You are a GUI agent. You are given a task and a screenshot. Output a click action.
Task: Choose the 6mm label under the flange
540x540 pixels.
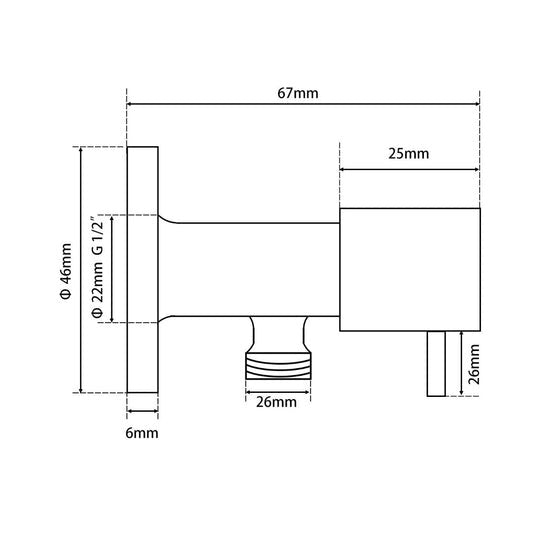click(x=143, y=433)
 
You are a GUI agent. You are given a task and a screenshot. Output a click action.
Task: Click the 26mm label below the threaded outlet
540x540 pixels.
click(x=276, y=403)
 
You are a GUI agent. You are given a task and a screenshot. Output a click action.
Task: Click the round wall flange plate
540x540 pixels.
click(x=143, y=270)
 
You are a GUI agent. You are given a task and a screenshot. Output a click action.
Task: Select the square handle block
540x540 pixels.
click(x=410, y=270)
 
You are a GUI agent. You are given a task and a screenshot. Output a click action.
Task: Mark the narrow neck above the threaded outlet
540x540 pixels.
click(x=277, y=330)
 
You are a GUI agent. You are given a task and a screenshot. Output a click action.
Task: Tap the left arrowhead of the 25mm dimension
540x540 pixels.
click(x=344, y=170)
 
